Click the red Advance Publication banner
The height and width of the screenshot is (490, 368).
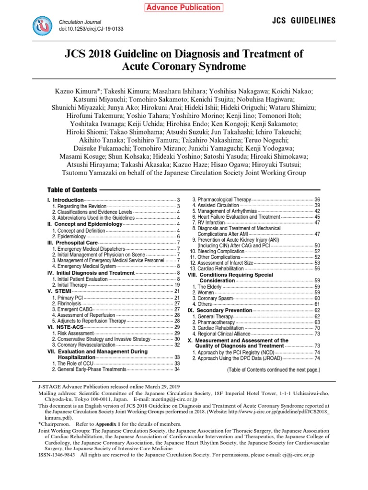[184, 8]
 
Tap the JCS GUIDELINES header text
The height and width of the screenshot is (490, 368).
[304, 21]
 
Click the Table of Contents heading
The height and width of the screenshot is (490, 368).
[72, 190]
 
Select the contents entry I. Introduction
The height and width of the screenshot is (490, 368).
[65, 200]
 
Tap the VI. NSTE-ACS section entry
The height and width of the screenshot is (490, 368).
[64, 327]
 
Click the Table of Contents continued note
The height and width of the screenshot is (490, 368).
[273, 370]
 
